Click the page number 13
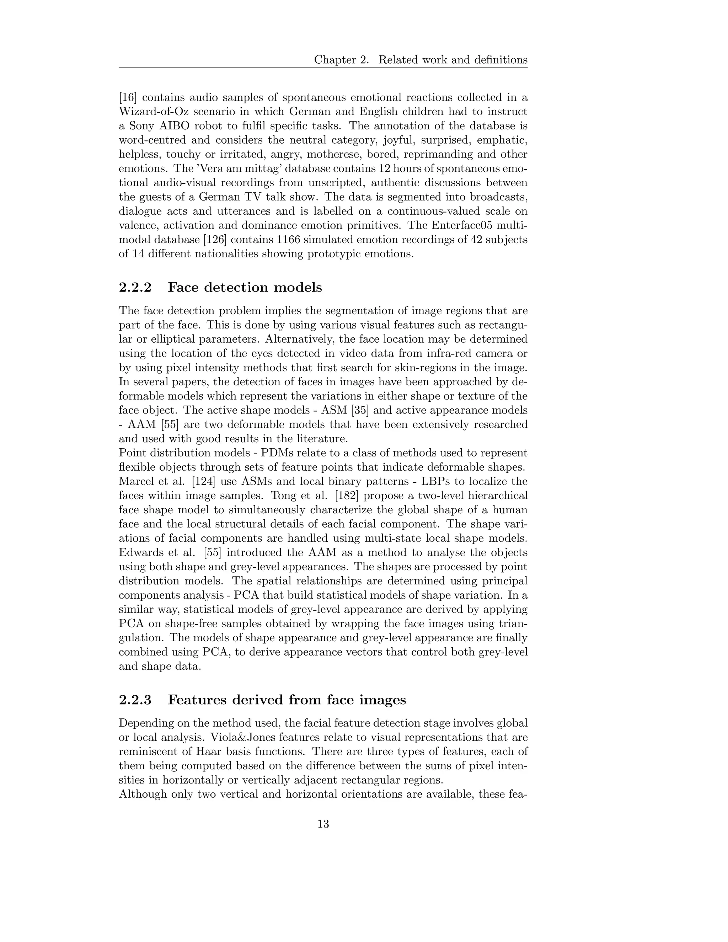[x=323, y=824]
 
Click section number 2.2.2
[x=135, y=287]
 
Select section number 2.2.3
[x=135, y=700]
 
